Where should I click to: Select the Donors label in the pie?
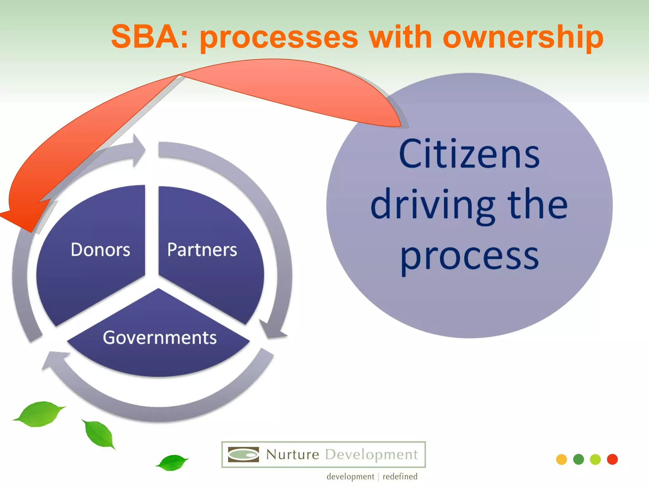click(100, 250)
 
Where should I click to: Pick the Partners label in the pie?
click(202, 250)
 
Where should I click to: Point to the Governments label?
click(160, 337)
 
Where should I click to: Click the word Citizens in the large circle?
click(469, 154)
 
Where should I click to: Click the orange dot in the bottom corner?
click(561, 459)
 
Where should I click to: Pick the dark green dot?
click(578, 459)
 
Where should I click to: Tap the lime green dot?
click(595, 459)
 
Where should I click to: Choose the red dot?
click(612, 459)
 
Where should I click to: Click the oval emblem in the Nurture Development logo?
click(243, 455)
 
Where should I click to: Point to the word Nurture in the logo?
click(292, 455)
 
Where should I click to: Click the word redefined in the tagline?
click(400, 477)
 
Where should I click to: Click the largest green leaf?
click(40, 414)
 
